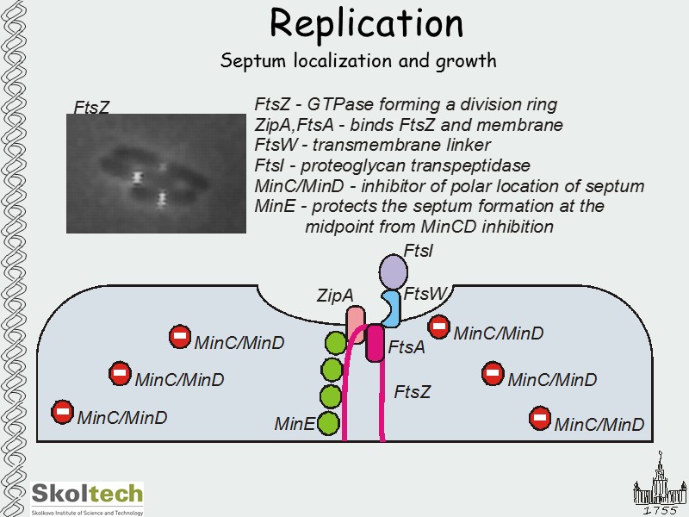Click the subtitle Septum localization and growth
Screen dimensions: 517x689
pos(358,61)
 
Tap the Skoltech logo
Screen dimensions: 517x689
pos(87,497)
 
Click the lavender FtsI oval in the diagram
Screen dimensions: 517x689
pos(394,273)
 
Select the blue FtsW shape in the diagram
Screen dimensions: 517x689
pos(392,309)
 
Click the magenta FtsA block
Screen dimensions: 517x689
pos(375,343)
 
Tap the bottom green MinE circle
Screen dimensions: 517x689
pos(328,423)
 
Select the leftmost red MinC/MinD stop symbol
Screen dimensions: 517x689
pos(63,412)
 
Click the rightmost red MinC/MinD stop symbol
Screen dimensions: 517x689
pos(539,419)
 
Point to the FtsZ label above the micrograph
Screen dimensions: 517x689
pos(91,108)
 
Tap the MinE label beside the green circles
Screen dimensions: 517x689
pos(294,424)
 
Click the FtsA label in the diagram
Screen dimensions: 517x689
pos(407,348)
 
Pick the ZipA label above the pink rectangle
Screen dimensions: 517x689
pos(335,296)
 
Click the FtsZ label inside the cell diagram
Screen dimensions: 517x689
pos(412,393)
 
